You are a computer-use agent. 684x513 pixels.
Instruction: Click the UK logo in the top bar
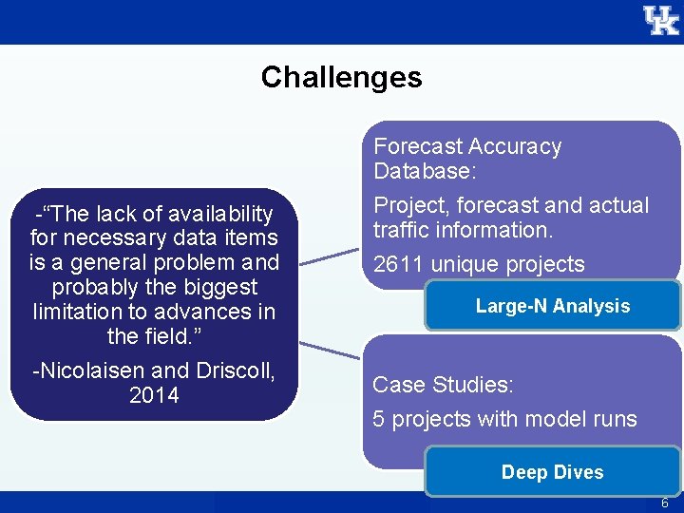[660, 20]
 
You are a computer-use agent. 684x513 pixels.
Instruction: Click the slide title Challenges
[341, 77]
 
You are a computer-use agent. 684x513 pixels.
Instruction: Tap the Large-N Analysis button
[552, 306]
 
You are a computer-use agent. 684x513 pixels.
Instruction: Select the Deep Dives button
[552, 472]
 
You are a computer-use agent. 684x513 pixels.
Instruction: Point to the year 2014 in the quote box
[154, 395]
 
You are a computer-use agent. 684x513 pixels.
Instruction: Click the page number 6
[665, 503]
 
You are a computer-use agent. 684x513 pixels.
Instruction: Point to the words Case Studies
[443, 385]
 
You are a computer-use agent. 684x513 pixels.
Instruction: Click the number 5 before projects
[378, 419]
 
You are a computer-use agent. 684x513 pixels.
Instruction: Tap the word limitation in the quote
[81, 312]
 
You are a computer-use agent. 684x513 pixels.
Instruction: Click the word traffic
[400, 230]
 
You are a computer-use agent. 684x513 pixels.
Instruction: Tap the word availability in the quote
[215, 214]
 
